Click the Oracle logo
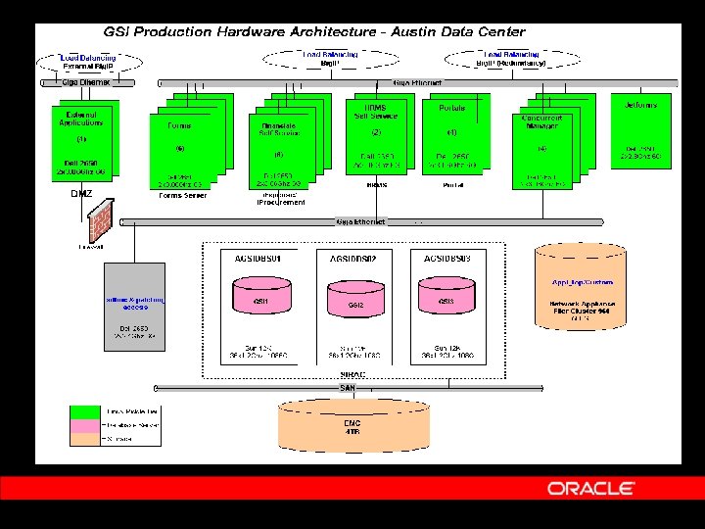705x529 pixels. [591, 488]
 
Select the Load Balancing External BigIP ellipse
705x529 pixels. [88, 62]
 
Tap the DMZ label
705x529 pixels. [81, 194]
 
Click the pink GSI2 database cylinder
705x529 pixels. [355, 303]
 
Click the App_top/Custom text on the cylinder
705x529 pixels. [584, 283]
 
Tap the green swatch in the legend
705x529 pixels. [86, 409]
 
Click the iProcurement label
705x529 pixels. [281, 202]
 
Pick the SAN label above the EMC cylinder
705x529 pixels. [347, 388]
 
